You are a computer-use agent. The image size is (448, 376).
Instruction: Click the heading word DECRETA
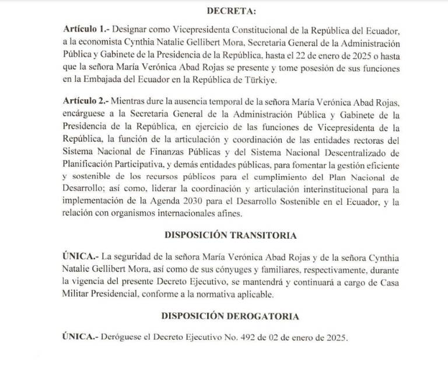tap(224, 10)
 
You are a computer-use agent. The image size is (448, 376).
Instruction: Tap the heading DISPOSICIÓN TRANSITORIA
tap(223, 235)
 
